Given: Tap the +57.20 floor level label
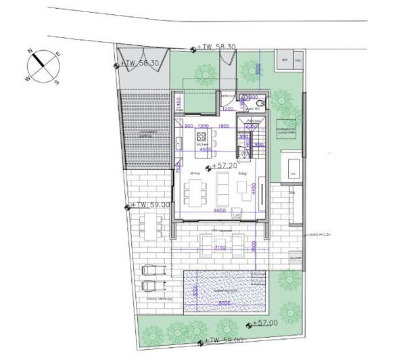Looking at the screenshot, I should tap(224, 165).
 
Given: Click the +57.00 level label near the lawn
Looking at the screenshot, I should tap(264, 324).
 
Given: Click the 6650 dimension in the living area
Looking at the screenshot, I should tap(219, 212).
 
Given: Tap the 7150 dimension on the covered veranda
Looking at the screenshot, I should tap(219, 248).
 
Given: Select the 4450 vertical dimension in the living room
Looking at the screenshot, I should tap(252, 187).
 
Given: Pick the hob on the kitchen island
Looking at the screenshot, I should tap(201, 135).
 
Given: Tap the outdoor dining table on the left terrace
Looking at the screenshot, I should tap(151, 224).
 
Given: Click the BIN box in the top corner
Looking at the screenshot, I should tap(283, 60).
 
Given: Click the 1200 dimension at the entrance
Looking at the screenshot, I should tap(228, 108).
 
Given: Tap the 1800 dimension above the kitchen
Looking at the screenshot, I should tap(223, 127).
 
